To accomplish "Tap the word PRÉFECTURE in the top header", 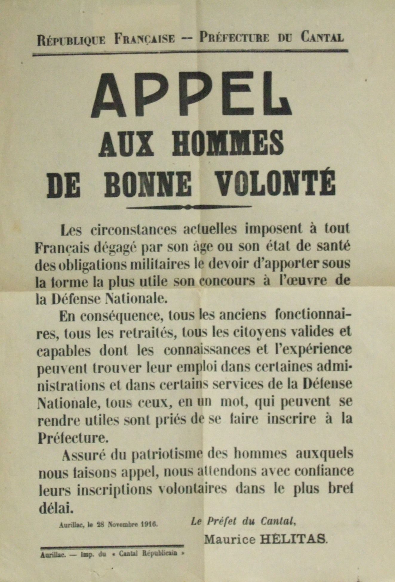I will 234,38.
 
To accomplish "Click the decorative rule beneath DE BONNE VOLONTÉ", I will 189,206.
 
